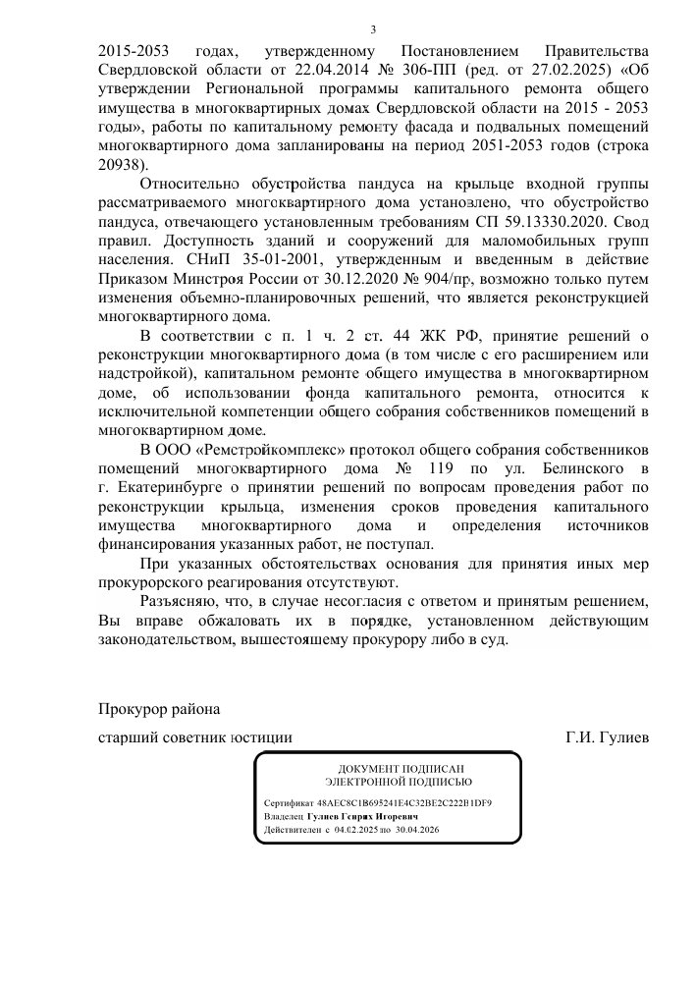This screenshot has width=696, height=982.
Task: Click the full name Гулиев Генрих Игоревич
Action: click(361, 816)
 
